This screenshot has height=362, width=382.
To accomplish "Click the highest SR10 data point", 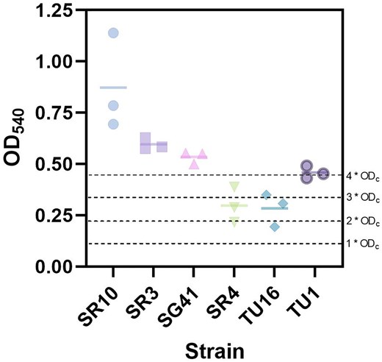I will (113, 33).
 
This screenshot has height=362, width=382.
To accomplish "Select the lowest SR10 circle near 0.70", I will (113, 124).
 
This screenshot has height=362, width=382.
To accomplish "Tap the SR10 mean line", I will (113, 88).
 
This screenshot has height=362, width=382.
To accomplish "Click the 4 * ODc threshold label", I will (363, 177).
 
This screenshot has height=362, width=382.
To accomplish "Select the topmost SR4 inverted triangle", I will (234, 187).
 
